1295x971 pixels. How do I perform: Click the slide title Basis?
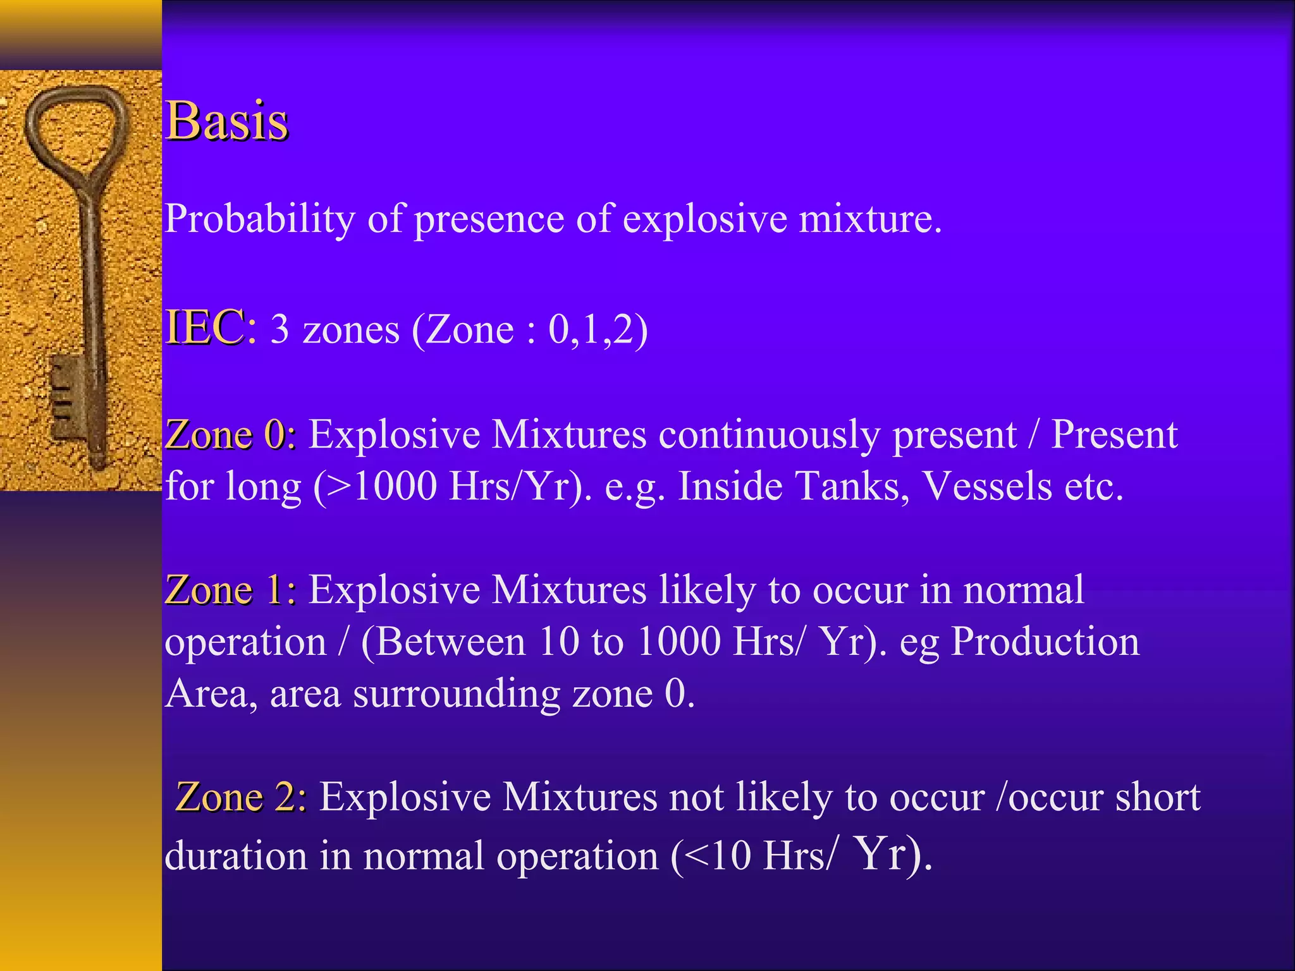226,121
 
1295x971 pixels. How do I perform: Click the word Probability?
260,219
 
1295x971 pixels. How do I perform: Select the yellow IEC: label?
211,327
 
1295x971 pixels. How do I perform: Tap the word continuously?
769,436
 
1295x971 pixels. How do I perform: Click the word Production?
1045,642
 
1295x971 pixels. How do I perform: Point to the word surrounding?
456,694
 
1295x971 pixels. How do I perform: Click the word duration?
236,857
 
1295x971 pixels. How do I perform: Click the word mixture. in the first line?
870,219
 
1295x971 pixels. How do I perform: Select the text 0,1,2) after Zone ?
598,330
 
